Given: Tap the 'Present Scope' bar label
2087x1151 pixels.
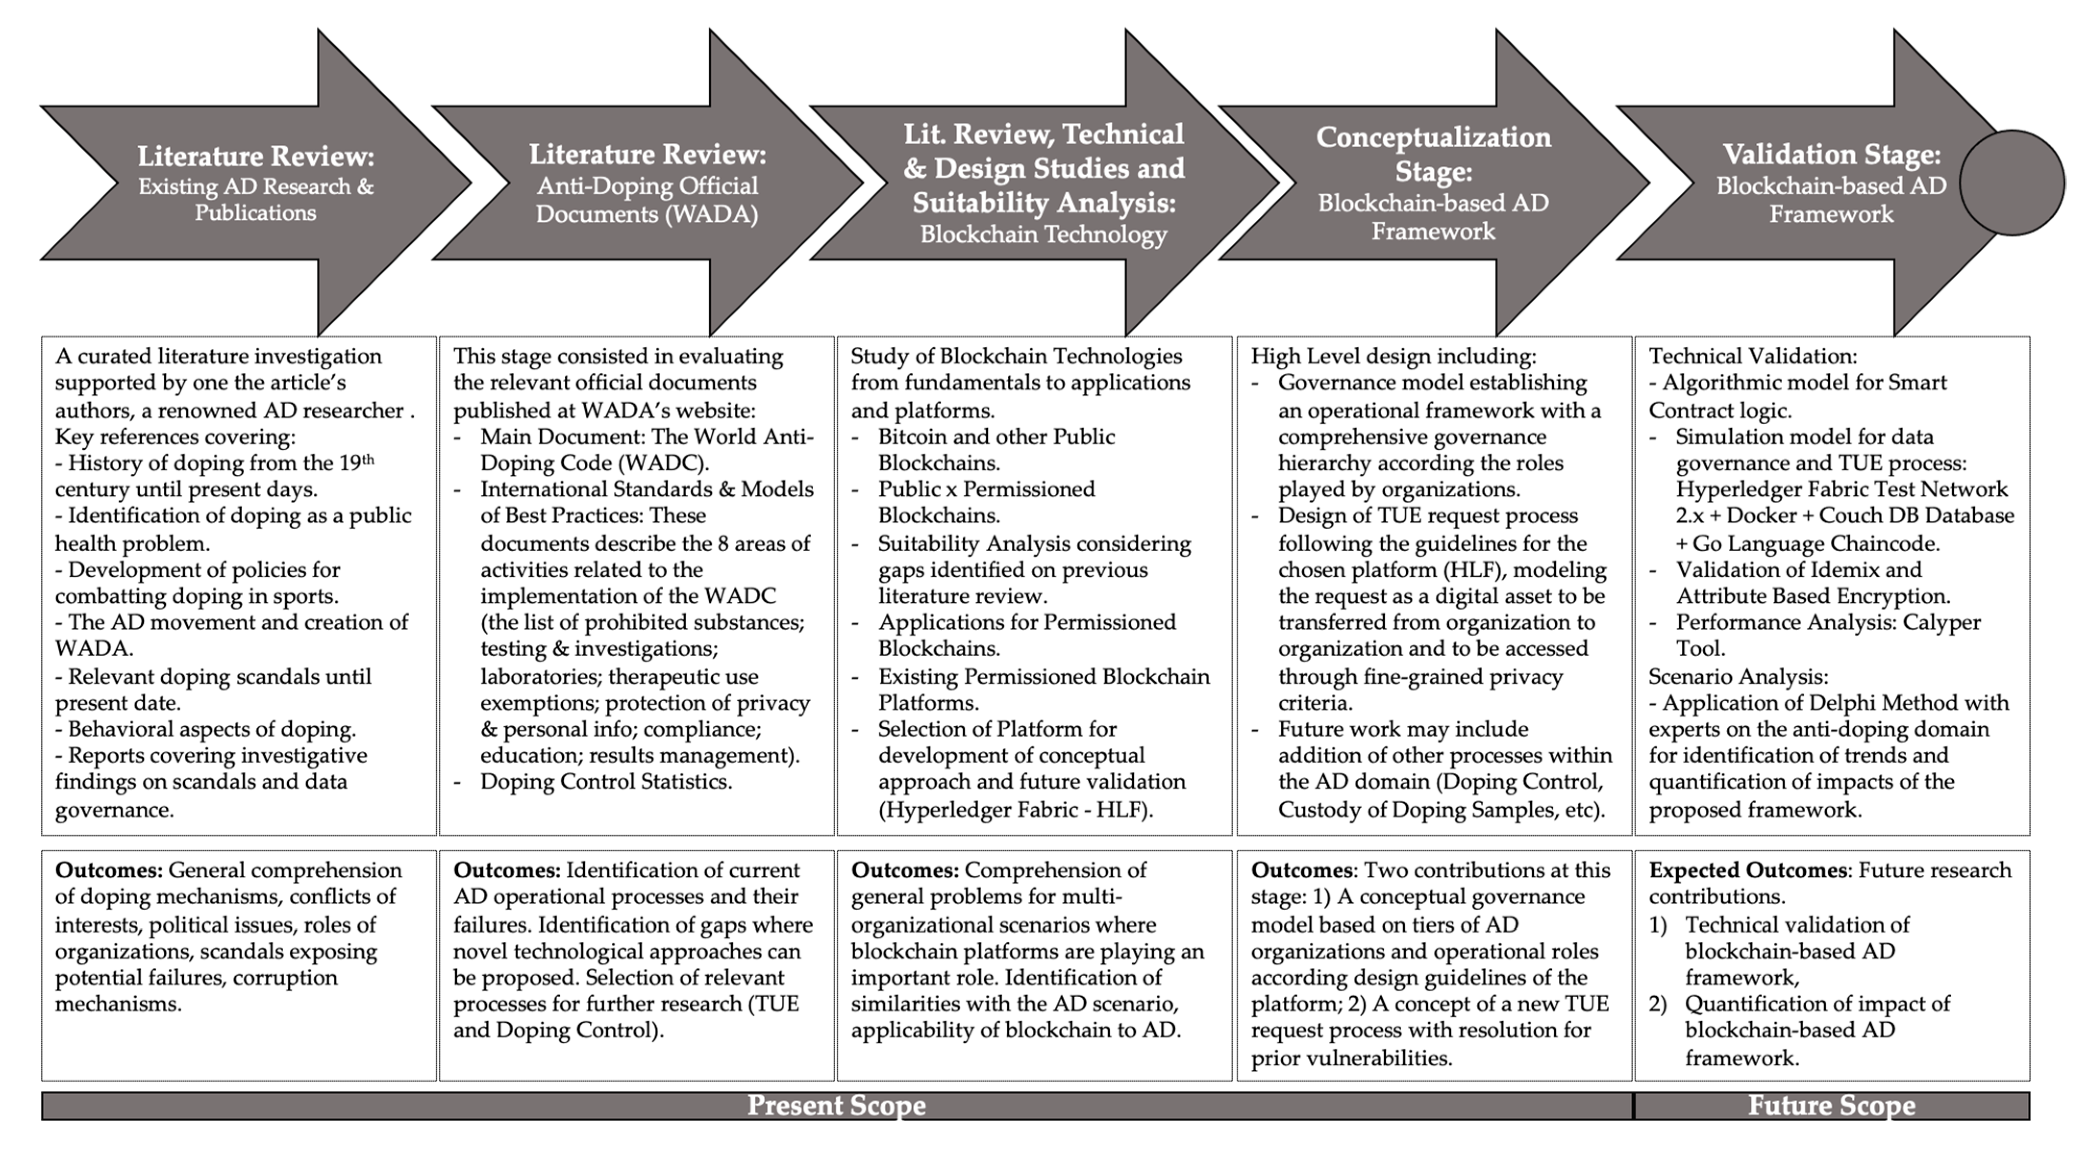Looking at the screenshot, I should tap(836, 1106).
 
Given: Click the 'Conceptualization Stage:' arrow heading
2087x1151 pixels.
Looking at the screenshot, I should tap(1432, 154).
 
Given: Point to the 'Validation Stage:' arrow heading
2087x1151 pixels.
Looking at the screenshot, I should tap(1831, 154).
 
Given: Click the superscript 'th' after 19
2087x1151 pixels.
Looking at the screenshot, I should tap(367, 460).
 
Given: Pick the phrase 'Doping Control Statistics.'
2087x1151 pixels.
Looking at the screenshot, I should tap(606, 782).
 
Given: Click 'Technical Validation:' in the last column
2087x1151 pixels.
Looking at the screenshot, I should tap(1752, 356).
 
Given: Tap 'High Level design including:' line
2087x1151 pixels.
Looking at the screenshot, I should tap(1392, 356).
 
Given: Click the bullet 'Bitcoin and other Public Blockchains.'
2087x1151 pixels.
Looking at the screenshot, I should tap(996, 450).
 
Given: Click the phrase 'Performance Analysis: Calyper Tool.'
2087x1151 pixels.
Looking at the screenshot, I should tap(1828, 635).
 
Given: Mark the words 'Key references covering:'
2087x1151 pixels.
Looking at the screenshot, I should tap(175, 437).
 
